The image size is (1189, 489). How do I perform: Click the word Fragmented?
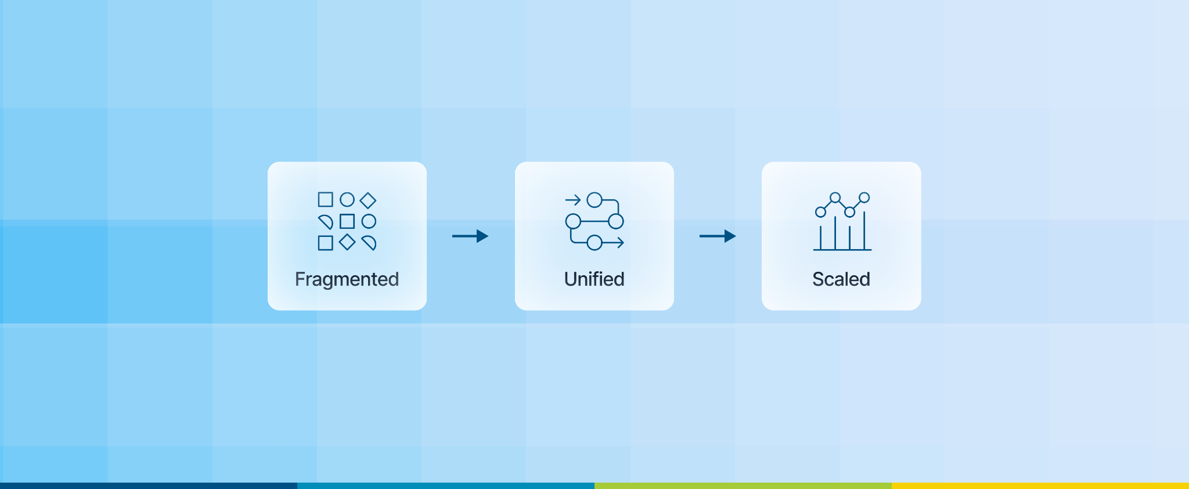pyautogui.click(x=347, y=279)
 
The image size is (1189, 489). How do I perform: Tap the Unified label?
pyautogui.click(x=594, y=279)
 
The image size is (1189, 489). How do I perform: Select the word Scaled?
pyautogui.click(x=841, y=279)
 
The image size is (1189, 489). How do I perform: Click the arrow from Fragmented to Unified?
pyautogui.click(x=470, y=236)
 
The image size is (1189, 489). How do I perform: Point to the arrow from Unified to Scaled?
pyautogui.click(x=718, y=236)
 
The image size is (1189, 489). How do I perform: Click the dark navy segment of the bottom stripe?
pyautogui.click(x=149, y=486)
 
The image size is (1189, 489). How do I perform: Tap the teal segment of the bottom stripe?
pyautogui.click(x=446, y=486)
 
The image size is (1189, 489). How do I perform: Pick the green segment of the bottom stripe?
pyautogui.click(x=743, y=486)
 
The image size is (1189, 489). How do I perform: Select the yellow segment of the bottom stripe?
pyautogui.click(x=1040, y=486)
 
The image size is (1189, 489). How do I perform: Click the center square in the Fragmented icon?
pyautogui.click(x=347, y=221)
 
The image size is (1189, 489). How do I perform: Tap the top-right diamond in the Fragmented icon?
pyautogui.click(x=368, y=200)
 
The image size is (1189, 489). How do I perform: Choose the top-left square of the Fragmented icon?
pyautogui.click(x=326, y=200)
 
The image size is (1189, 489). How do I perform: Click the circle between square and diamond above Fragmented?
pyautogui.click(x=347, y=200)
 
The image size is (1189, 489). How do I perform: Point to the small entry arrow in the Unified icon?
pyautogui.click(x=573, y=200)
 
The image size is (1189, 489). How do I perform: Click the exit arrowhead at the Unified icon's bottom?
pyautogui.click(x=621, y=243)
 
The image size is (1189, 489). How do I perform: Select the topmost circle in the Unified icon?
pyautogui.click(x=594, y=200)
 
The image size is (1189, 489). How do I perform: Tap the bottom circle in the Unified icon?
pyautogui.click(x=594, y=243)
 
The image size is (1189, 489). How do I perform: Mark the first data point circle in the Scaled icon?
pyautogui.click(x=820, y=212)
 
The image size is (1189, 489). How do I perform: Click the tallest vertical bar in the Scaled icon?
pyautogui.click(x=864, y=231)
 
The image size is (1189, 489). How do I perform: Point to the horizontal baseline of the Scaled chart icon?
pyautogui.click(x=842, y=250)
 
